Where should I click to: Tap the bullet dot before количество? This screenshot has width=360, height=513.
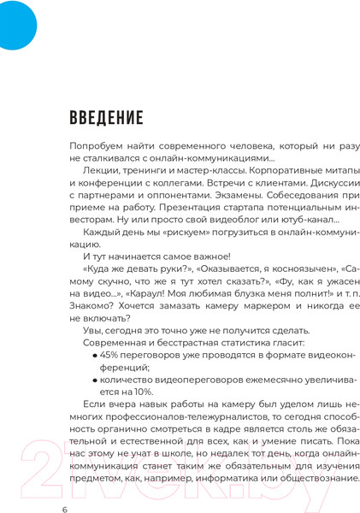point(96,376)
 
